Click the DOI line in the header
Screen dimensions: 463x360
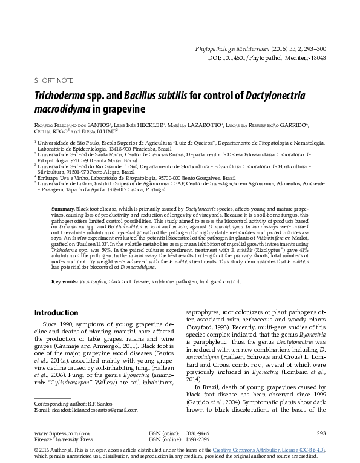point(275,57)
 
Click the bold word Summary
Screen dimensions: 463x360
point(62,208)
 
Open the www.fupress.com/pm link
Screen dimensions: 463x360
point(62,433)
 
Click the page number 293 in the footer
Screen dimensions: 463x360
point(321,433)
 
